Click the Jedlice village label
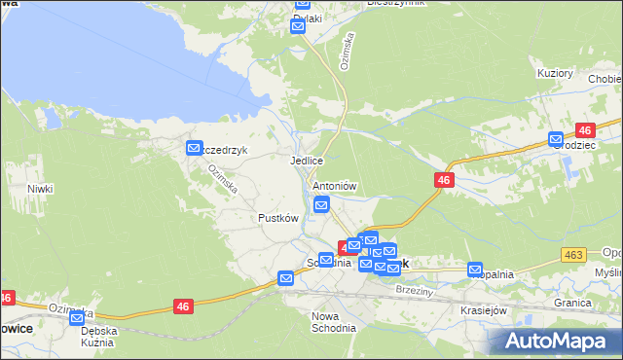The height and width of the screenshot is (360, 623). coord(306,161)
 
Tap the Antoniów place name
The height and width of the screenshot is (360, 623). coord(335,186)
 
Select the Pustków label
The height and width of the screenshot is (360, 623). coord(277,218)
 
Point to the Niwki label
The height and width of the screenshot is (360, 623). coord(40,189)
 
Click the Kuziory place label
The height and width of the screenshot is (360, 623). coord(555,73)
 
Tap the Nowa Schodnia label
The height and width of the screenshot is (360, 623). coord(334,322)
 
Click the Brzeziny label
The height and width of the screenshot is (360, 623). coord(414,290)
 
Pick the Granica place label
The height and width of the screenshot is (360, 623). coord(573,303)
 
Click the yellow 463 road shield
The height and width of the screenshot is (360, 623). coord(573,255)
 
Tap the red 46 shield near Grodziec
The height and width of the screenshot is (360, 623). coord(585,130)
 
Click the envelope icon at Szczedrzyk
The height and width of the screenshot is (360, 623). coord(194,148)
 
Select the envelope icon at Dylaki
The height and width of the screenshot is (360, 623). coord(298,27)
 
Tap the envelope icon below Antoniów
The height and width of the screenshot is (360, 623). coord(321,203)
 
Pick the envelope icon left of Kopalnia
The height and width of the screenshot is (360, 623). coord(475,270)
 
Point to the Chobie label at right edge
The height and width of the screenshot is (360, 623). coord(604,79)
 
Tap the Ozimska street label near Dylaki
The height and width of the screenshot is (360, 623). coord(348,48)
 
